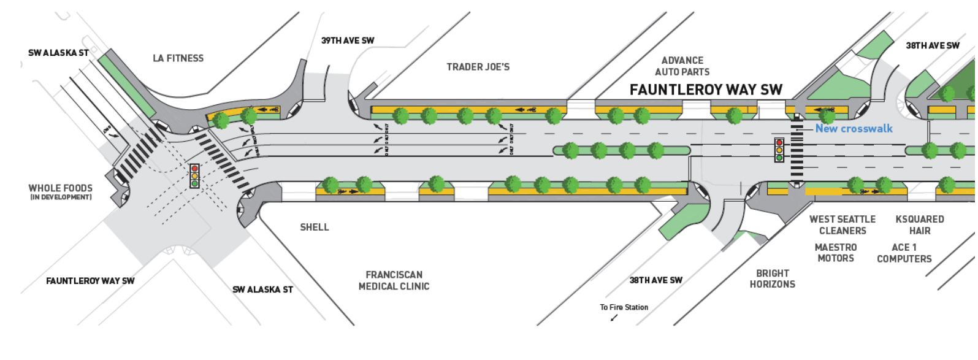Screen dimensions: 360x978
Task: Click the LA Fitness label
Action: (x=178, y=58)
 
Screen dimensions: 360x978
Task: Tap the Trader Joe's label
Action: (x=478, y=67)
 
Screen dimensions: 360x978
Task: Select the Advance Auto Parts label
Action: (x=682, y=66)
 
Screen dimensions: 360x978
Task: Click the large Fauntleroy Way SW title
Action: (x=706, y=90)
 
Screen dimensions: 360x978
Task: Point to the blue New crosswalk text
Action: (x=854, y=129)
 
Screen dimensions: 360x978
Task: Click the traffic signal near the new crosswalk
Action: (x=779, y=150)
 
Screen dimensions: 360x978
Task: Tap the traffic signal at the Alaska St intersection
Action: (x=194, y=176)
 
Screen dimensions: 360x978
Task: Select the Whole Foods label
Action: (x=61, y=191)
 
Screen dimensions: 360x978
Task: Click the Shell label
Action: (x=315, y=228)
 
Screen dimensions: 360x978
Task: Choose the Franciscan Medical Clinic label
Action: (x=394, y=281)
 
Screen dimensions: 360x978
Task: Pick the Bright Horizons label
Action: (x=772, y=279)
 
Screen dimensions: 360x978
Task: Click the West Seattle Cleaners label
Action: (x=842, y=225)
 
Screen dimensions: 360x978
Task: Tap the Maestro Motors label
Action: (x=836, y=253)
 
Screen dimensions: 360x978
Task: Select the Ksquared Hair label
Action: (x=919, y=225)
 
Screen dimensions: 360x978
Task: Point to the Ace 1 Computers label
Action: (x=904, y=253)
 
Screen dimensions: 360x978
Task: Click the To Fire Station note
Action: (x=624, y=308)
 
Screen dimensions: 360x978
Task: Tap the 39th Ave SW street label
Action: (x=348, y=41)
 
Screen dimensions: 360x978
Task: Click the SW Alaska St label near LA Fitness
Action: (x=58, y=53)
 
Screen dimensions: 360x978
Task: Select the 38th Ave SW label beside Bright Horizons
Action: (x=655, y=280)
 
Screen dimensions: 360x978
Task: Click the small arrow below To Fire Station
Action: (x=614, y=318)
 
